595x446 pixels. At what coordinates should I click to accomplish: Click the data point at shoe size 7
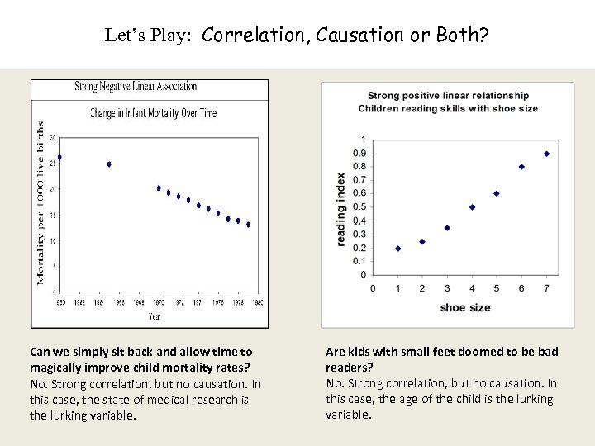546,154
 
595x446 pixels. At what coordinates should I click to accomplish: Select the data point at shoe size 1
398,248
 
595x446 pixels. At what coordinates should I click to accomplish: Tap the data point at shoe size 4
472,207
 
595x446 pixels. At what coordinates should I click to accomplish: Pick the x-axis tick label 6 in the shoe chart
521,287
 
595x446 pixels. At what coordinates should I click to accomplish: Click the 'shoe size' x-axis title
464,308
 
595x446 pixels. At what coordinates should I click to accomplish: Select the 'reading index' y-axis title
341,208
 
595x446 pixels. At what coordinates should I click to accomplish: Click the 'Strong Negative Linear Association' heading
136,86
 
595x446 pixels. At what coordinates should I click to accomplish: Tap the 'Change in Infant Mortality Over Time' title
153,113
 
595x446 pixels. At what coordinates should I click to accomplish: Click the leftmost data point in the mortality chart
59,157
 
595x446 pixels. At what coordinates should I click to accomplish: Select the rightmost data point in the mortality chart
248,225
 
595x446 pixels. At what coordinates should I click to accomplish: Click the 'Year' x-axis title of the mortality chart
155,316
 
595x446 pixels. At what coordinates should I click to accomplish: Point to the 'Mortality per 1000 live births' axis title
40,202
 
